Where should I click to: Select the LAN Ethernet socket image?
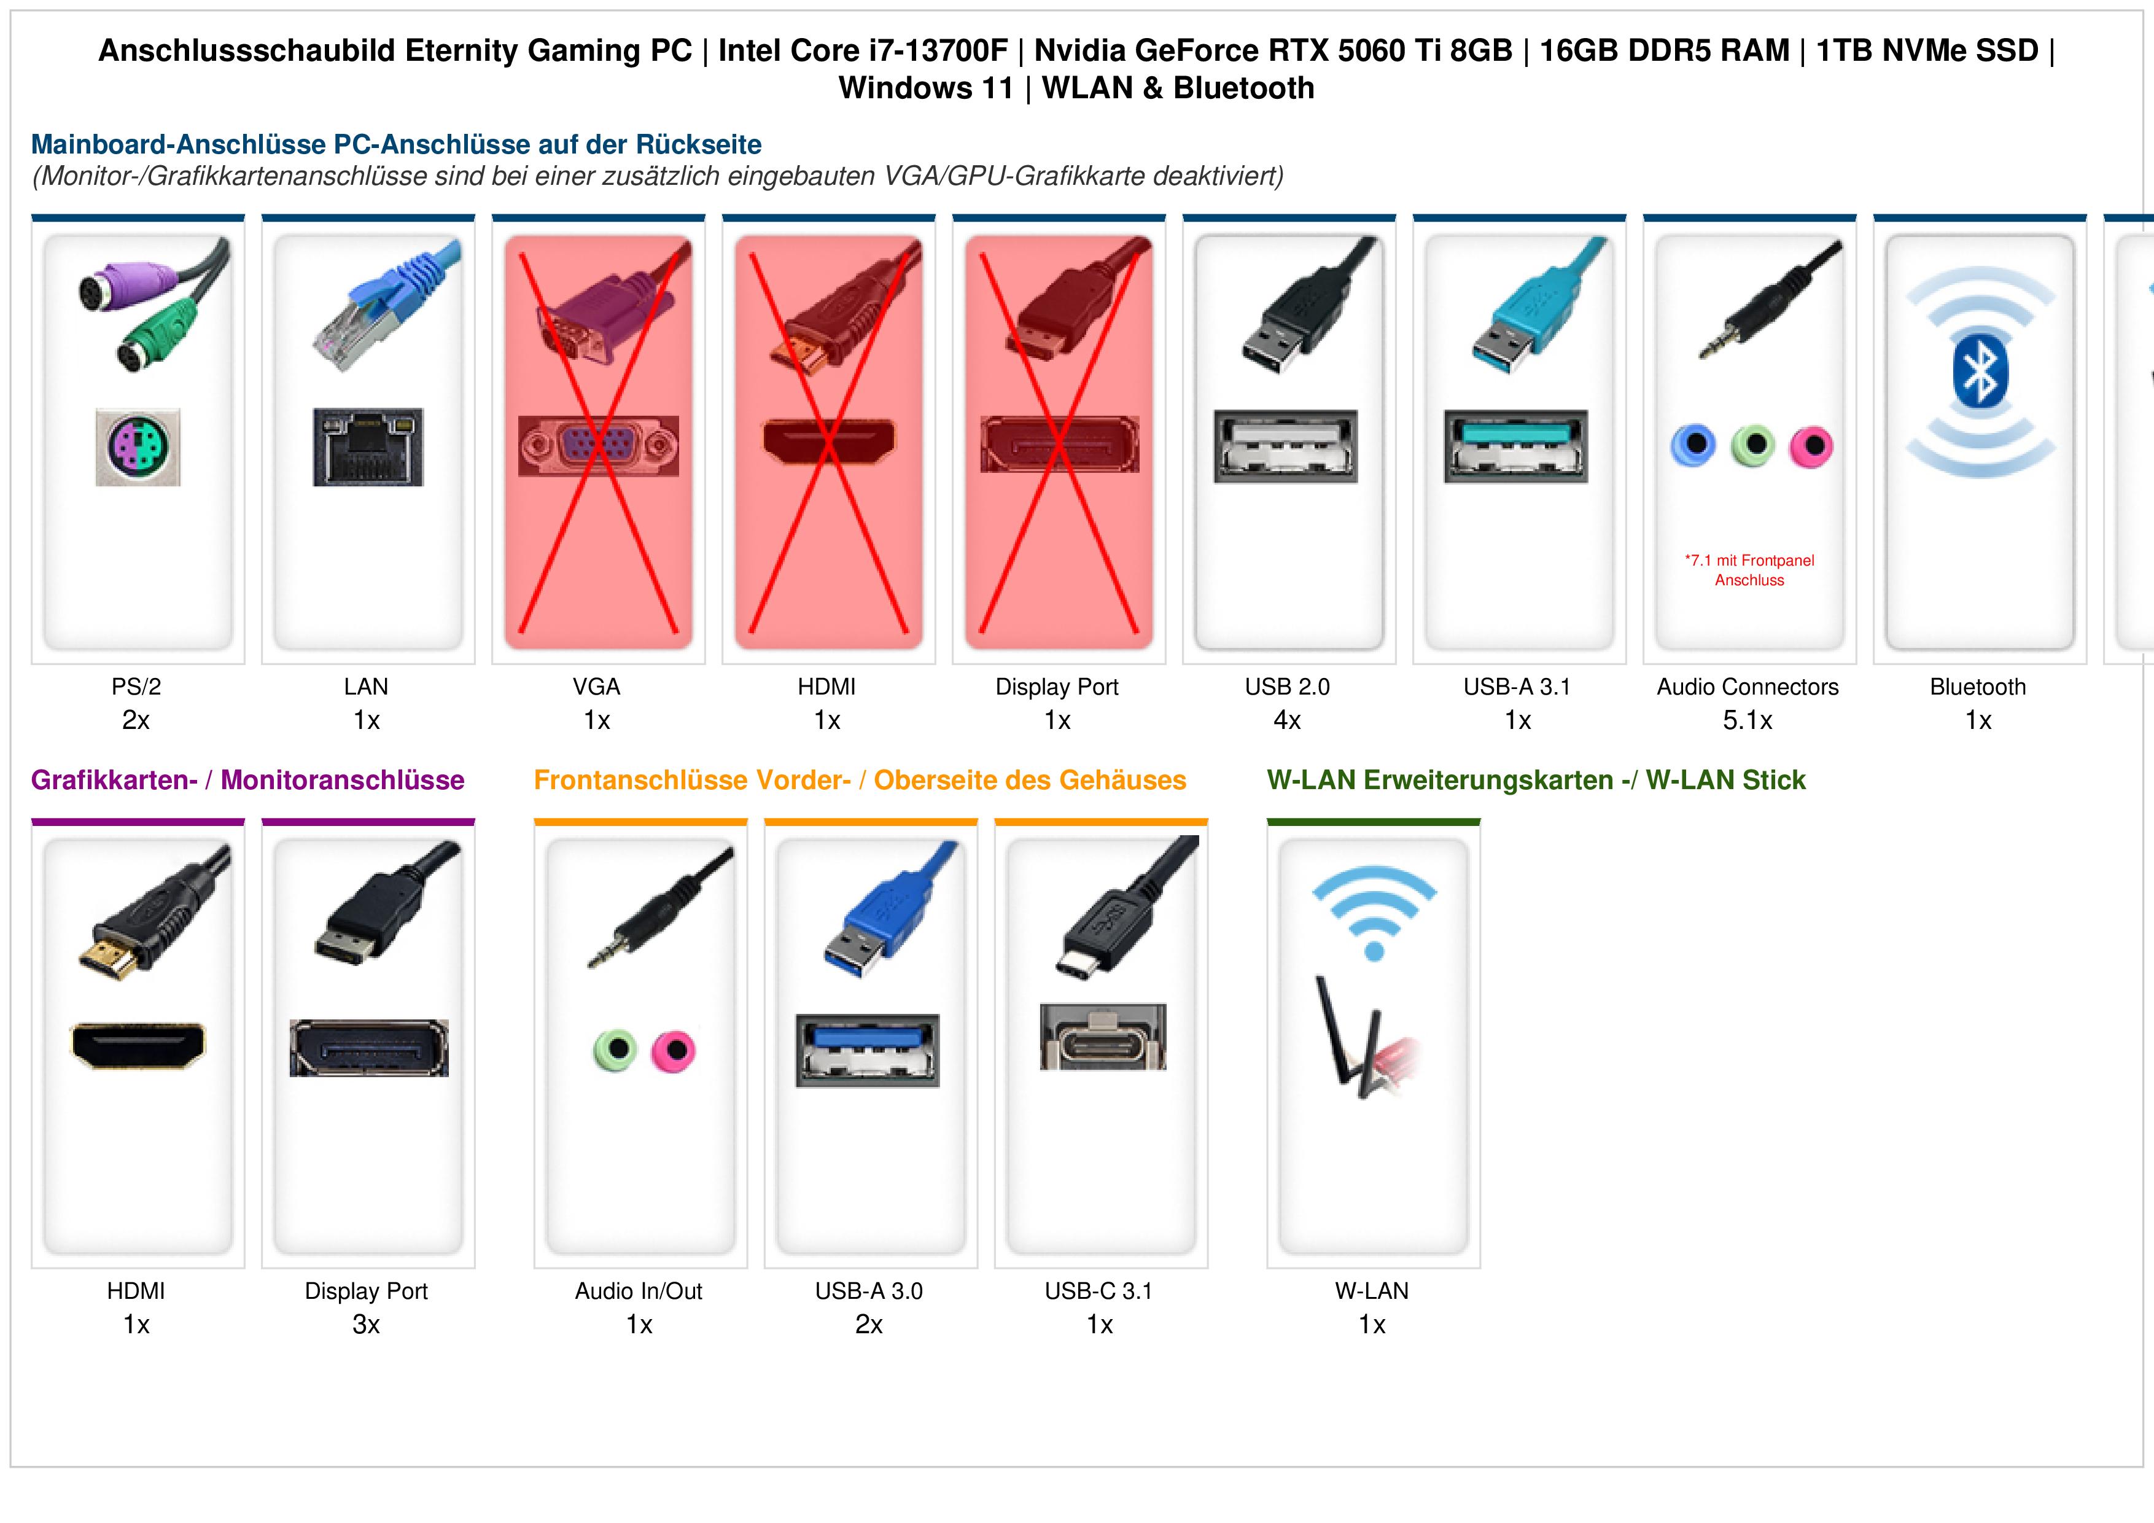368,446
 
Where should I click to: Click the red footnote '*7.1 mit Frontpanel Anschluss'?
1749,571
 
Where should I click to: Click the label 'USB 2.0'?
1287,687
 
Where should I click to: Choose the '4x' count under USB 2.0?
1287,721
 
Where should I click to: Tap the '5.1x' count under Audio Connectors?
1748,721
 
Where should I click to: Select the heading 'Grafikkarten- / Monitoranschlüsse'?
247,780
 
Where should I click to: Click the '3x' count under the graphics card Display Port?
366,1325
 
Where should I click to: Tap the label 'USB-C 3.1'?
1098,1291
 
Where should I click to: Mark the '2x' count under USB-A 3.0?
869,1325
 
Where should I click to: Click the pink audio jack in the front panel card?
674,1050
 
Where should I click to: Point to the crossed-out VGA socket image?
597,446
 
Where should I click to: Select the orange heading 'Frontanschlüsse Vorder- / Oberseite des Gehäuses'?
860,780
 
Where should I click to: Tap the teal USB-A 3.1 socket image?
1516,446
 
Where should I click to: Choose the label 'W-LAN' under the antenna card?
1372,1291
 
